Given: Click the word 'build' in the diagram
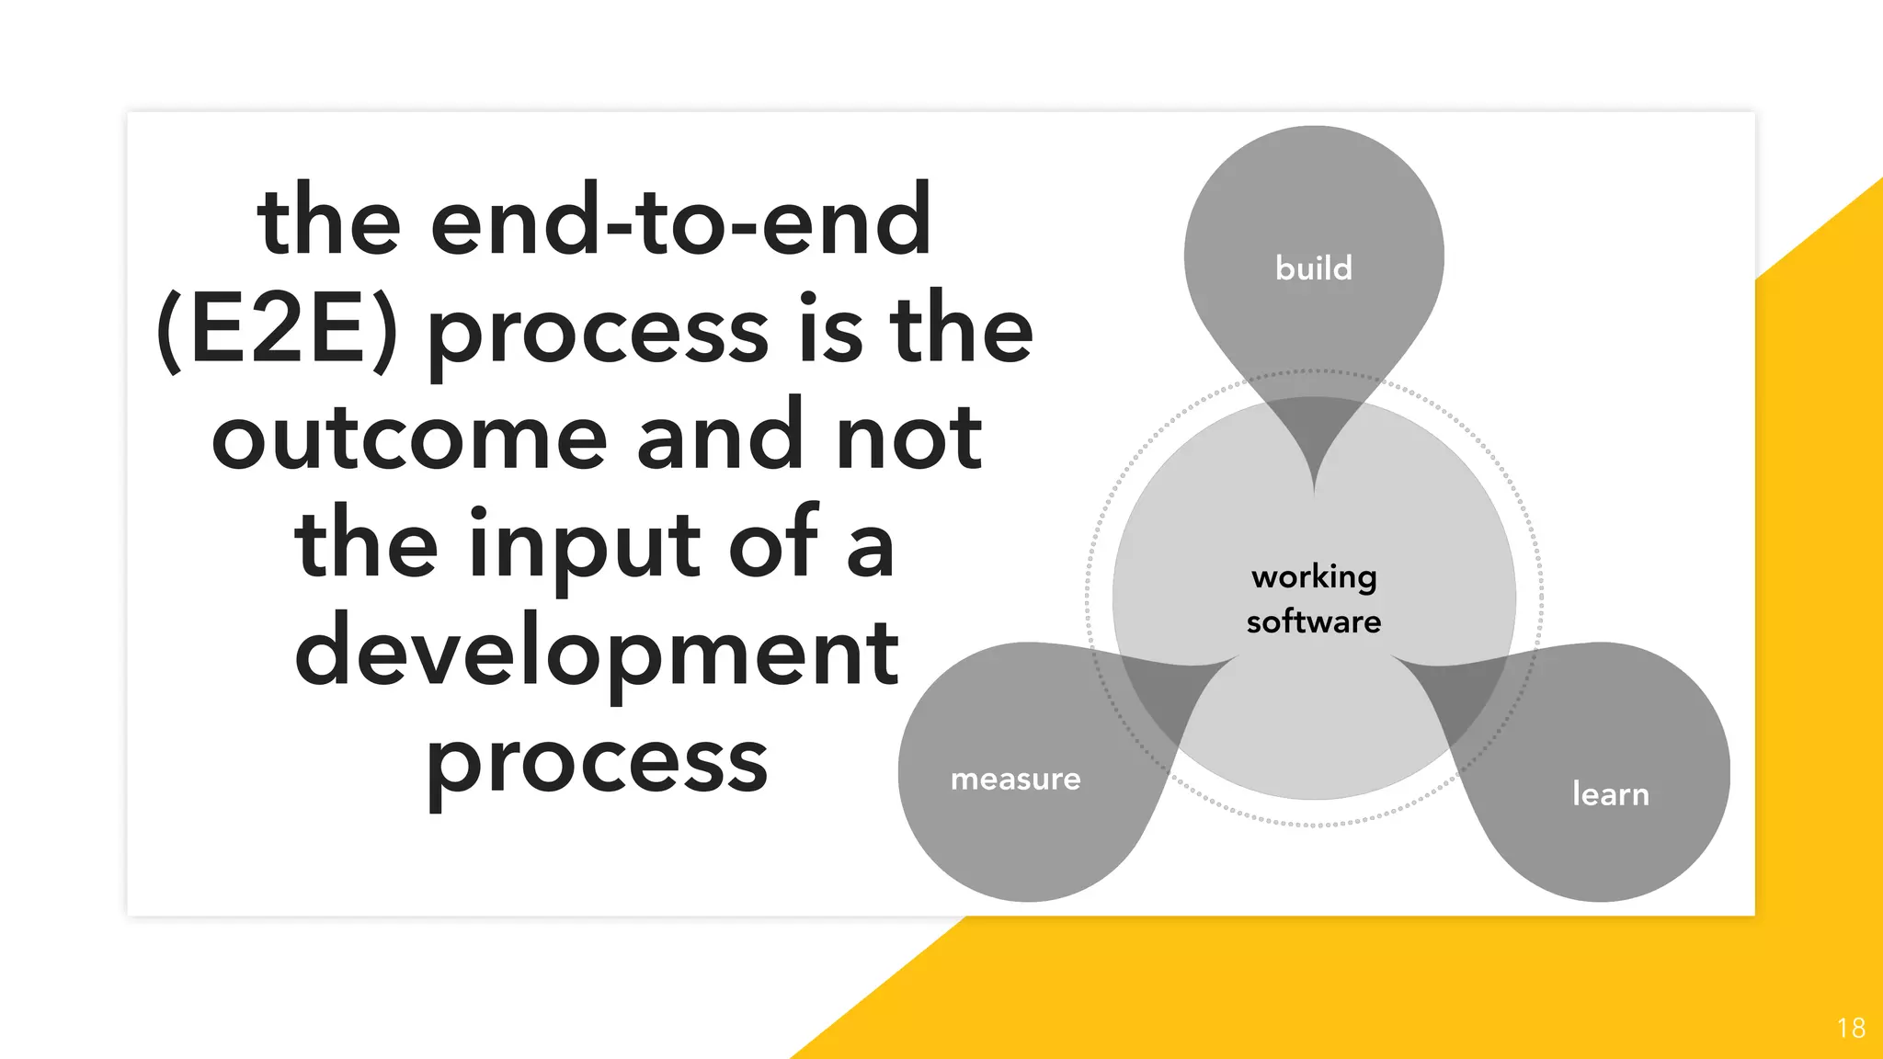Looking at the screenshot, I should pyautogui.click(x=1313, y=268).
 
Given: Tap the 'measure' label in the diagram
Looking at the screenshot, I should pyautogui.click(x=1015, y=779).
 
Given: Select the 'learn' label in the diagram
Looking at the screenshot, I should pyautogui.click(x=1610, y=793).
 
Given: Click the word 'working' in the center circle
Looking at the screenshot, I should pyautogui.click(x=1314, y=577).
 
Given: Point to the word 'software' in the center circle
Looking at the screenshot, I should pyautogui.click(x=1314, y=621).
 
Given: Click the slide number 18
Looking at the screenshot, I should pyautogui.click(x=1851, y=1028).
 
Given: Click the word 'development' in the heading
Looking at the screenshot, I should pyautogui.click(x=596, y=653).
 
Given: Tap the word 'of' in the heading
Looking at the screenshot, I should pyautogui.click(x=772, y=546).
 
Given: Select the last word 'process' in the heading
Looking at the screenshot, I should pyautogui.click(x=596, y=763).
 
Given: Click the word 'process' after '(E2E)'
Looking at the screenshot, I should pyautogui.click(x=598, y=333).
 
